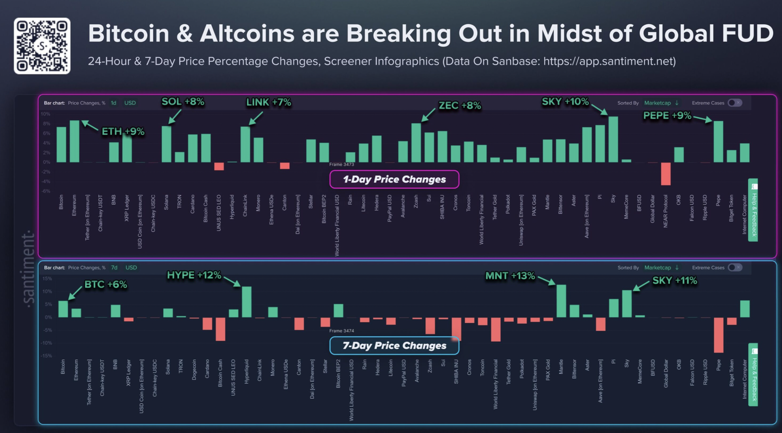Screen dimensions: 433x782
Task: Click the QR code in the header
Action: (x=42, y=46)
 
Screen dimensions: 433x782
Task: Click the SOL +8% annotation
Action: (x=183, y=102)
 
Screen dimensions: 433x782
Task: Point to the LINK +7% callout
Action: (x=268, y=103)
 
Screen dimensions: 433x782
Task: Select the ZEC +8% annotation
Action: (x=459, y=105)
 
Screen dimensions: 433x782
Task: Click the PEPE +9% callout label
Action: (x=667, y=116)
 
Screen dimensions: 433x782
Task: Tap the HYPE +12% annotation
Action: (x=194, y=275)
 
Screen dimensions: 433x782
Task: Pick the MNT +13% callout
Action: (x=510, y=276)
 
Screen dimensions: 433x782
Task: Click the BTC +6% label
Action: (x=106, y=285)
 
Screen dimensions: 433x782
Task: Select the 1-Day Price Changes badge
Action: (x=394, y=179)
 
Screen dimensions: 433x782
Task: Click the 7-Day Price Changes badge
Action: (x=394, y=346)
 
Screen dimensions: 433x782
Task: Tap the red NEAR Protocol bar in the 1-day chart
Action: (x=666, y=173)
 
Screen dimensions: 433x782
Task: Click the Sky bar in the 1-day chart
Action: (x=613, y=140)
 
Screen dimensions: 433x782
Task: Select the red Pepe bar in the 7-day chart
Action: (x=718, y=335)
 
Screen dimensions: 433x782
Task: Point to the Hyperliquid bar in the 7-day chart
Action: (x=247, y=302)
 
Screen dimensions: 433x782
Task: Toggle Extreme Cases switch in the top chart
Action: (x=735, y=103)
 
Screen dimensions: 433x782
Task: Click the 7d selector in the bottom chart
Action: (x=114, y=268)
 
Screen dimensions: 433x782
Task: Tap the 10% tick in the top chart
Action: (x=45, y=114)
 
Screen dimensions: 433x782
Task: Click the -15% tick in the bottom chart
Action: (x=46, y=355)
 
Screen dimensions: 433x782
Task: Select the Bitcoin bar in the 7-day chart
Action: (x=63, y=309)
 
